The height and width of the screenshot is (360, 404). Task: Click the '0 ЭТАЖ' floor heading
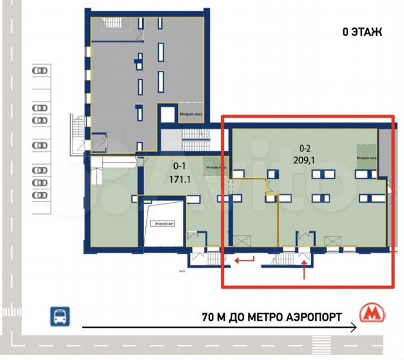362,32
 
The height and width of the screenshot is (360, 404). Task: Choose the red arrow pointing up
305,270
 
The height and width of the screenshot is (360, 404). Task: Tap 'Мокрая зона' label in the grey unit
190,114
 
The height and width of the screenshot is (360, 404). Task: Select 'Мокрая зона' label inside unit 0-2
366,158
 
